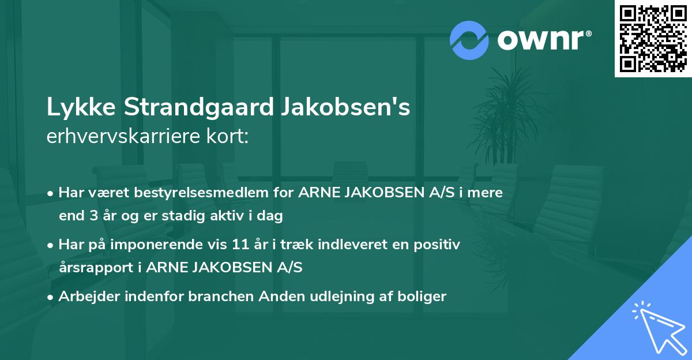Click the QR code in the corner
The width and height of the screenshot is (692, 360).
point(652,39)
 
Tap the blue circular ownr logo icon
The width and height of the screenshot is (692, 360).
point(469,40)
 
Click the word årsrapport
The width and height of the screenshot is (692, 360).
point(94,267)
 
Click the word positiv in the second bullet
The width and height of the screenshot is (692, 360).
point(441,245)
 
